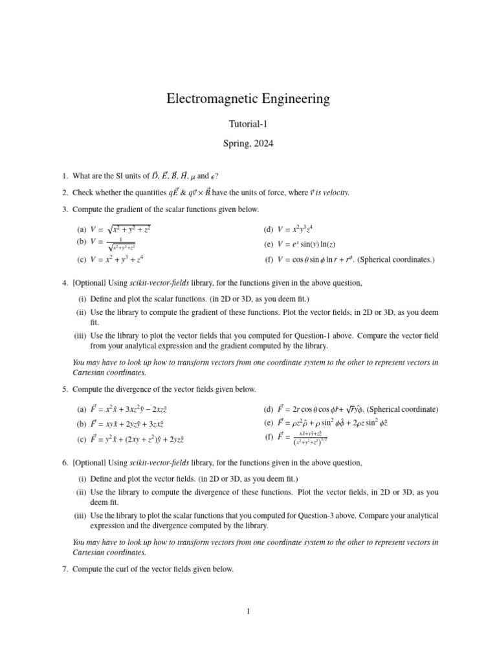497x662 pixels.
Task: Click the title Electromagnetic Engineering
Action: coord(248,99)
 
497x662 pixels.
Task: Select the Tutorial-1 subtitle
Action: coord(248,125)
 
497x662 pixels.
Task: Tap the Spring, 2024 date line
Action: coord(248,144)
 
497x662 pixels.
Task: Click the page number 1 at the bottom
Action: coord(248,611)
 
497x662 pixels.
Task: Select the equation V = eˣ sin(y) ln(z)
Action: coord(307,244)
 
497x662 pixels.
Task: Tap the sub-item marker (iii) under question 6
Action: coord(80,515)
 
